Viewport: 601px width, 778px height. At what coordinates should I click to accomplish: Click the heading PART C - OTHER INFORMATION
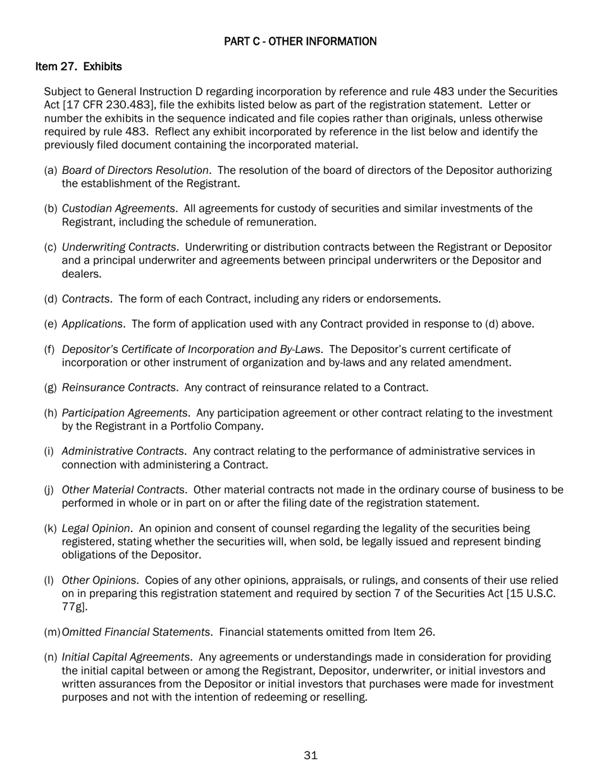click(300, 42)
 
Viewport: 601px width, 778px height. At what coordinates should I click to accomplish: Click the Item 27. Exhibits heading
click(78, 66)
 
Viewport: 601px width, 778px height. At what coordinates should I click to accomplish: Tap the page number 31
click(311, 755)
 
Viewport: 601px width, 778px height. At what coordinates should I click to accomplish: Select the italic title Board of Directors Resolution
click(135, 171)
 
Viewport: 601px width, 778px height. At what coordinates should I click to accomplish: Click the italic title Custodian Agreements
click(118, 209)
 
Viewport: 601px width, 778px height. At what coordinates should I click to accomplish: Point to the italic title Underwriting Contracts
click(119, 247)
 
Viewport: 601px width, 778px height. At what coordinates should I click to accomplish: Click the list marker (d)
click(51, 299)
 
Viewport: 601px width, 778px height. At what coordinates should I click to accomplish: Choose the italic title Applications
click(92, 324)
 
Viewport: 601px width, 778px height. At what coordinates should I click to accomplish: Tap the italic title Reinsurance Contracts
click(118, 387)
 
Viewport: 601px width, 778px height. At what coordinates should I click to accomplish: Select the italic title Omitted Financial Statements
click(136, 632)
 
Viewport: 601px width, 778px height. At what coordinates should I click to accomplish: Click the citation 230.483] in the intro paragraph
click(125, 104)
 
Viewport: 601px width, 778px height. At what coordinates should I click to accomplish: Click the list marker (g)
click(51, 387)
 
